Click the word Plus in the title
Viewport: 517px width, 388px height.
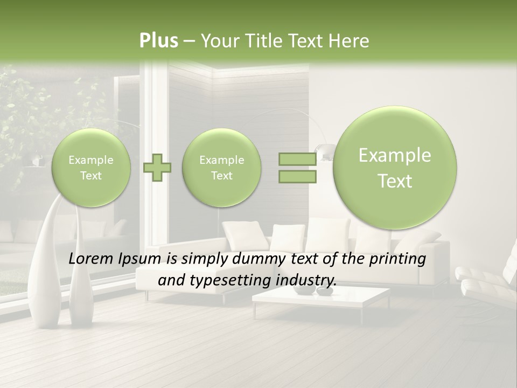coord(158,41)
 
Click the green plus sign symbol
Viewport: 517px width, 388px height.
coord(157,168)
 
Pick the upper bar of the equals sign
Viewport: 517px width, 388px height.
coord(297,159)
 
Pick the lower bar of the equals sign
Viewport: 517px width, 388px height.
coord(297,176)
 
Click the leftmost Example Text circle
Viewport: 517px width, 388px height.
coord(91,168)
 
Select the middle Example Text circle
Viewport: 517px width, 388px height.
coord(221,168)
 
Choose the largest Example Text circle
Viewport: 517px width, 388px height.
coord(395,168)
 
